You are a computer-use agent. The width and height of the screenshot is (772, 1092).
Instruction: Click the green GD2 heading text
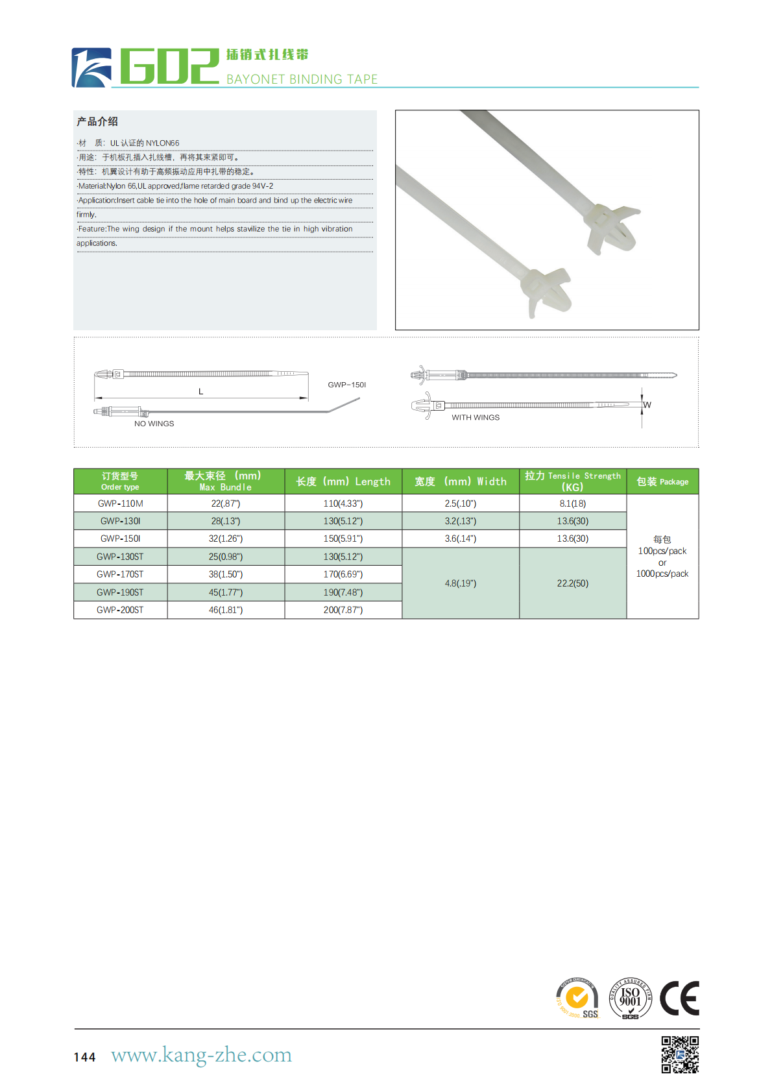[x=170, y=66]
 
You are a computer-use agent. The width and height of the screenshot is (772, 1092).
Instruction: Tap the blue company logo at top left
[x=91, y=67]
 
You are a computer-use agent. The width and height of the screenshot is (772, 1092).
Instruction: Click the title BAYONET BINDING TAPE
[x=302, y=79]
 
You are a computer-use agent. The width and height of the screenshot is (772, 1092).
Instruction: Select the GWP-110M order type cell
[x=121, y=504]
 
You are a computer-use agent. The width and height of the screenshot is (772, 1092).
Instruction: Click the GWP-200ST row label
[x=121, y=610]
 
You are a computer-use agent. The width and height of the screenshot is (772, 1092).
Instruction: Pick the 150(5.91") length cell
[x=343, y=539]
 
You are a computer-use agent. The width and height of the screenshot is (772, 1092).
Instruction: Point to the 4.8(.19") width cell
[x=461, y=583]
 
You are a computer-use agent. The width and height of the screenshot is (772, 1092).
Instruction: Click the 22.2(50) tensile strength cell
[x=573, y=583]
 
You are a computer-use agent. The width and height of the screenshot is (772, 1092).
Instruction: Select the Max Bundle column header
[x=225, y=481]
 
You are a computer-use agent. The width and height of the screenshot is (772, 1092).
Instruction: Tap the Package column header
[x=662, y=481]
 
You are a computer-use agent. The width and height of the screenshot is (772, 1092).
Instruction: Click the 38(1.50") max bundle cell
[x=226, y=574]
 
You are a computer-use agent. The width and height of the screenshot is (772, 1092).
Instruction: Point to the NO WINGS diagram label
[x=154, y=424]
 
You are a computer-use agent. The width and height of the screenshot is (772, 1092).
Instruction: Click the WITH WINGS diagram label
[x=476, y=418]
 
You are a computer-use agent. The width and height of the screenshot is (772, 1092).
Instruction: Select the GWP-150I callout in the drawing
[x=346, y=385]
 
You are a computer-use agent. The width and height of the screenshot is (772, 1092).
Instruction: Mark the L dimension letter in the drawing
[x=200, y=391]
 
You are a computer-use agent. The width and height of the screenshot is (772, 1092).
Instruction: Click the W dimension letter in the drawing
[x=647, y=405]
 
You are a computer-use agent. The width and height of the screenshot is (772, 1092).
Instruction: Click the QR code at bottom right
[x=680, y=1054]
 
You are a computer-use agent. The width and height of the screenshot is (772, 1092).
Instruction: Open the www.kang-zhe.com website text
[x=201, y=1055]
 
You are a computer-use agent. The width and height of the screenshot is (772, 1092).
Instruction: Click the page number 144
[x=85, y=1057]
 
